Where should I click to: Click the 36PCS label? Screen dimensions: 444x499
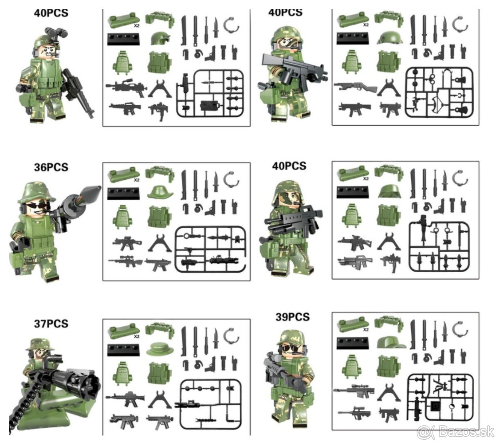[51, 167]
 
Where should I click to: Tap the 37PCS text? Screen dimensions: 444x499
[51, 323]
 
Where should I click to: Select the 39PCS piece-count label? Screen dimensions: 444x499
[292, 317]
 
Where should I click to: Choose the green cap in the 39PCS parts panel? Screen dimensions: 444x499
[391, 341]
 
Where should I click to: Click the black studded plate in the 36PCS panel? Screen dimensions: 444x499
[123, 194]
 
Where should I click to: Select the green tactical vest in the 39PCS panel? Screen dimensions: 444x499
[389, 367]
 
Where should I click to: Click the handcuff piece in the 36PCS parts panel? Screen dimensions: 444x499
[232, 179]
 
